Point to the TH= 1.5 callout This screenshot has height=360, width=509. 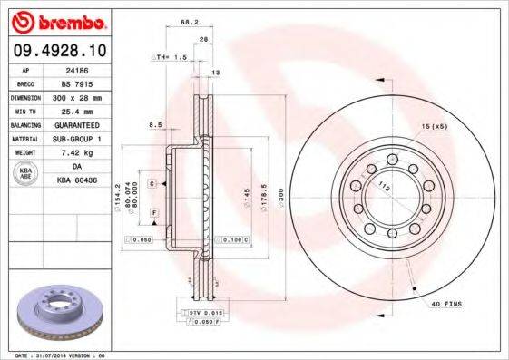coord(168,56)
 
